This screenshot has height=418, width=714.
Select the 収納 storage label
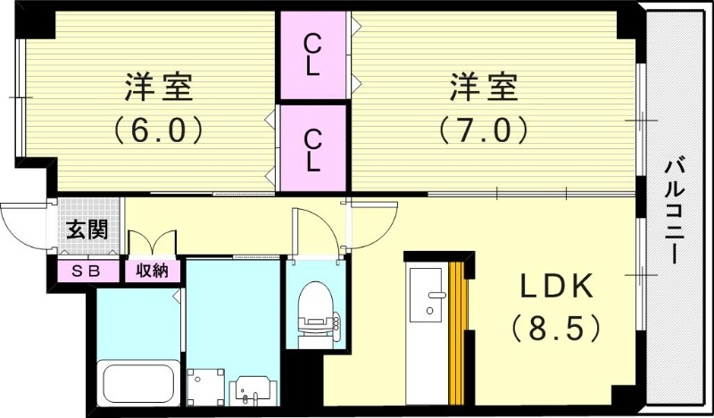tap(152, 271)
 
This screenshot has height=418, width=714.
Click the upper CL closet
tap(312, 55)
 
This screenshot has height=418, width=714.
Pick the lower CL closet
tap(312, 148)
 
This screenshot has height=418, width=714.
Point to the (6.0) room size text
tap(159, 131)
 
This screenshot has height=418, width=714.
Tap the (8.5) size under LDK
tap(553, 329)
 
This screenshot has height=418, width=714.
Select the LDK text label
tap(558, 288)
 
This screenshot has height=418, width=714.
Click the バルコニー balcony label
tap(676, 209)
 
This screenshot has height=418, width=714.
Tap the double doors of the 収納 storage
tap(153, 243)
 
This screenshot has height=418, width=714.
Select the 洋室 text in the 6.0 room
tap(159, 89)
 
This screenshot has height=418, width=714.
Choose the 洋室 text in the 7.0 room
tap(483, 89)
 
